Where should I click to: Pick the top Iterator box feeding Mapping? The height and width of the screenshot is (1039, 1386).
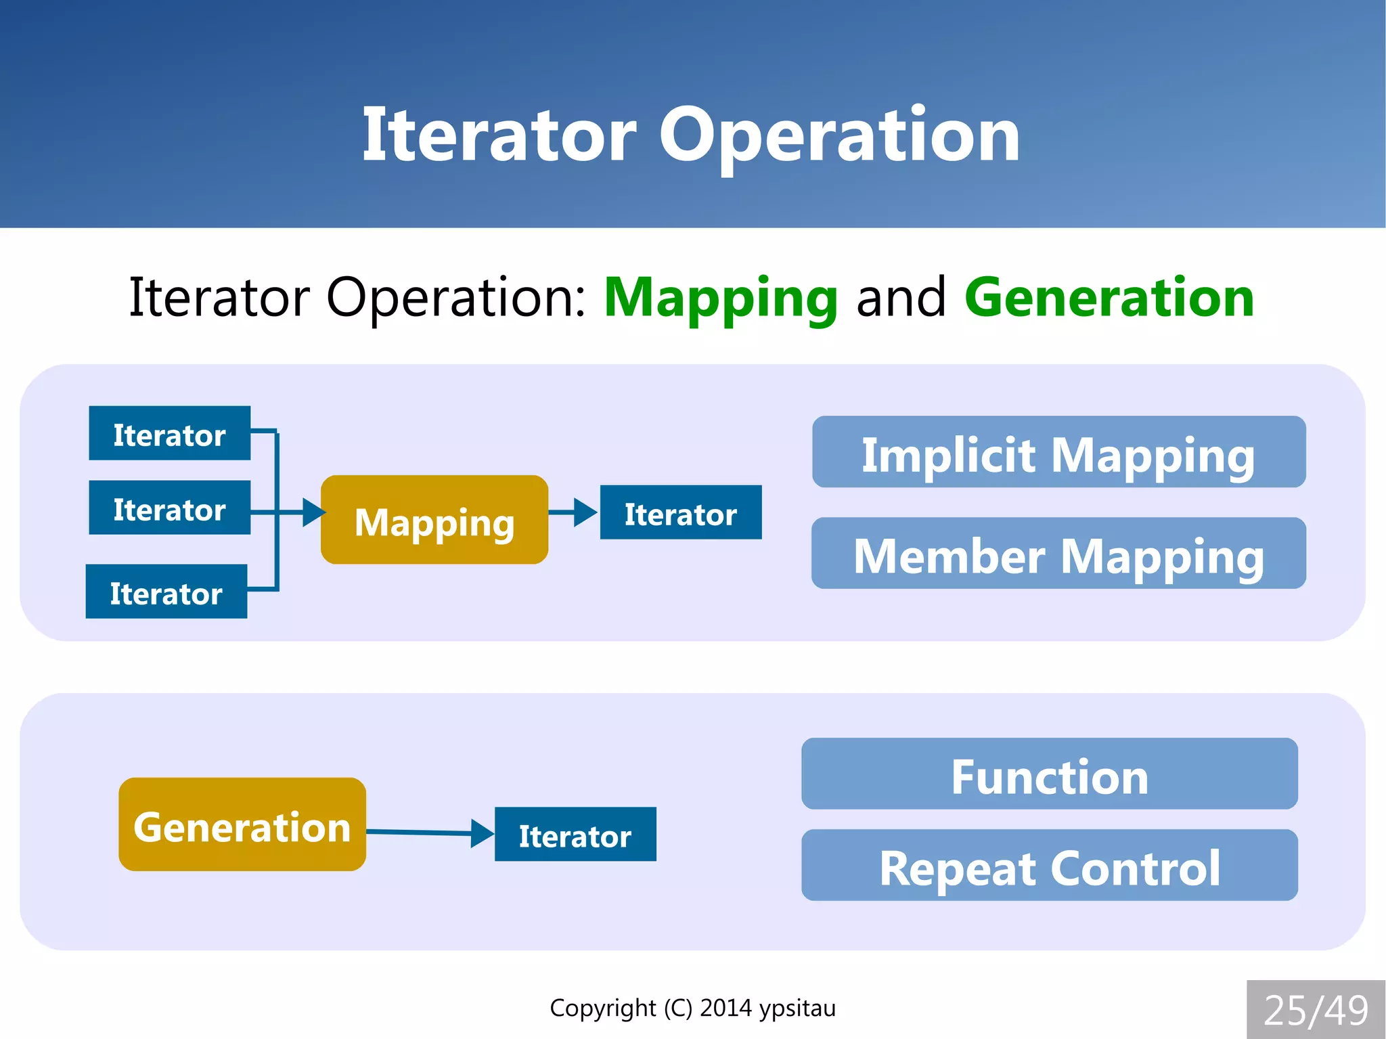click(169, 434)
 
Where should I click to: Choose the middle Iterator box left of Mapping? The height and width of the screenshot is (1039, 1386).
click(169, 508)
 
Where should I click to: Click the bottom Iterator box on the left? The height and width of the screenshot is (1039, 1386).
click(166, 592)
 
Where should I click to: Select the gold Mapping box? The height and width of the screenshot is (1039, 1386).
click(434, 520)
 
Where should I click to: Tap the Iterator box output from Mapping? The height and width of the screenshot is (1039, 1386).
click(681, 512)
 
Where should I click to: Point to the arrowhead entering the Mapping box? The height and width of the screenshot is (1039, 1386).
click(313, 512)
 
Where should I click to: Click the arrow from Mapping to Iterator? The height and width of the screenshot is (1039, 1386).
click(573, 512)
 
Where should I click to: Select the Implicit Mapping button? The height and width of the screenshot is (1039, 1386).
click(1058, 452)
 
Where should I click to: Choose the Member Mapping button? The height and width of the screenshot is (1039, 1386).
click(1058, 554)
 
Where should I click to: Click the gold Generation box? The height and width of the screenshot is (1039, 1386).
click(242, 824)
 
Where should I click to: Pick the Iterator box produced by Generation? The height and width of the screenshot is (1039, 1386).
click(575, 835)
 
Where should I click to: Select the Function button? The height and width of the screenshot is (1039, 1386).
click(1049, 774)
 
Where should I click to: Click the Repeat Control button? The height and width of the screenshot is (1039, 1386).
click(1049, 866)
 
